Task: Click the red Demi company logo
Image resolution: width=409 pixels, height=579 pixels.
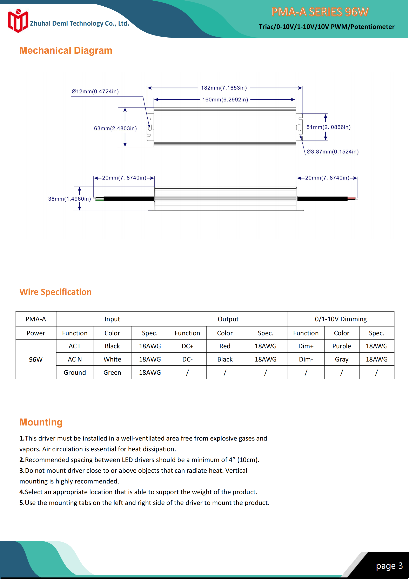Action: click(x=18, y=21)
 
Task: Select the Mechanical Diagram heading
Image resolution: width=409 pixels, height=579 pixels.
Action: click(x=66, y=50)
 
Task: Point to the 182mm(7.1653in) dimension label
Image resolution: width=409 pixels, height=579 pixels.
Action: click(x=224, y=88)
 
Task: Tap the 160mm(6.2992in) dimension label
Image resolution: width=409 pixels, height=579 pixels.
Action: click(x=225, y=100)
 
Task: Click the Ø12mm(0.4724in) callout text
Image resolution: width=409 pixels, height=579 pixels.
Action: click(x=95, y=92)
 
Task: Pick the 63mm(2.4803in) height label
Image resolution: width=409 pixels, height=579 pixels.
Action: click(x=115, y=128)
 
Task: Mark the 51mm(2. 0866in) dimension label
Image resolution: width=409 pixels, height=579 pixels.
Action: click(x=328, y=127)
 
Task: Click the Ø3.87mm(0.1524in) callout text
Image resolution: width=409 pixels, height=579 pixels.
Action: click(x=332, y=151)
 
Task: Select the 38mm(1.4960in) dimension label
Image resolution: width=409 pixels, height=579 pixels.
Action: click(x=69, y=199)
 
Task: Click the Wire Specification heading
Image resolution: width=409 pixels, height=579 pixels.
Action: click(x=55, y=292)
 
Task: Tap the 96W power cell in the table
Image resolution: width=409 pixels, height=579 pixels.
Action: click(x=36, y=359)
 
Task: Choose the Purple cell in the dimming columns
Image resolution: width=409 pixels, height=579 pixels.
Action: click(x=341, y=346)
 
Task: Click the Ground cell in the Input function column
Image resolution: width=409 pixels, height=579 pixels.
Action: click(x=75, y=372)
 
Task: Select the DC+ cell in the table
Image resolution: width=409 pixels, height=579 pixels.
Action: click(x=187, y=346)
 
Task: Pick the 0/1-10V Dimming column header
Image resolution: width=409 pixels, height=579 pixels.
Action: click(x=341, y=319)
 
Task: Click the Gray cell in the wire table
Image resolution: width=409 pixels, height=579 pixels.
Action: click(x=341, y=359)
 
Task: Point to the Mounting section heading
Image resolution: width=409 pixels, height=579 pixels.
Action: click(x=41, y=422)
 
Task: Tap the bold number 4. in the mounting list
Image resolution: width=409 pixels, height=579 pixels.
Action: click(x=22, y=492)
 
